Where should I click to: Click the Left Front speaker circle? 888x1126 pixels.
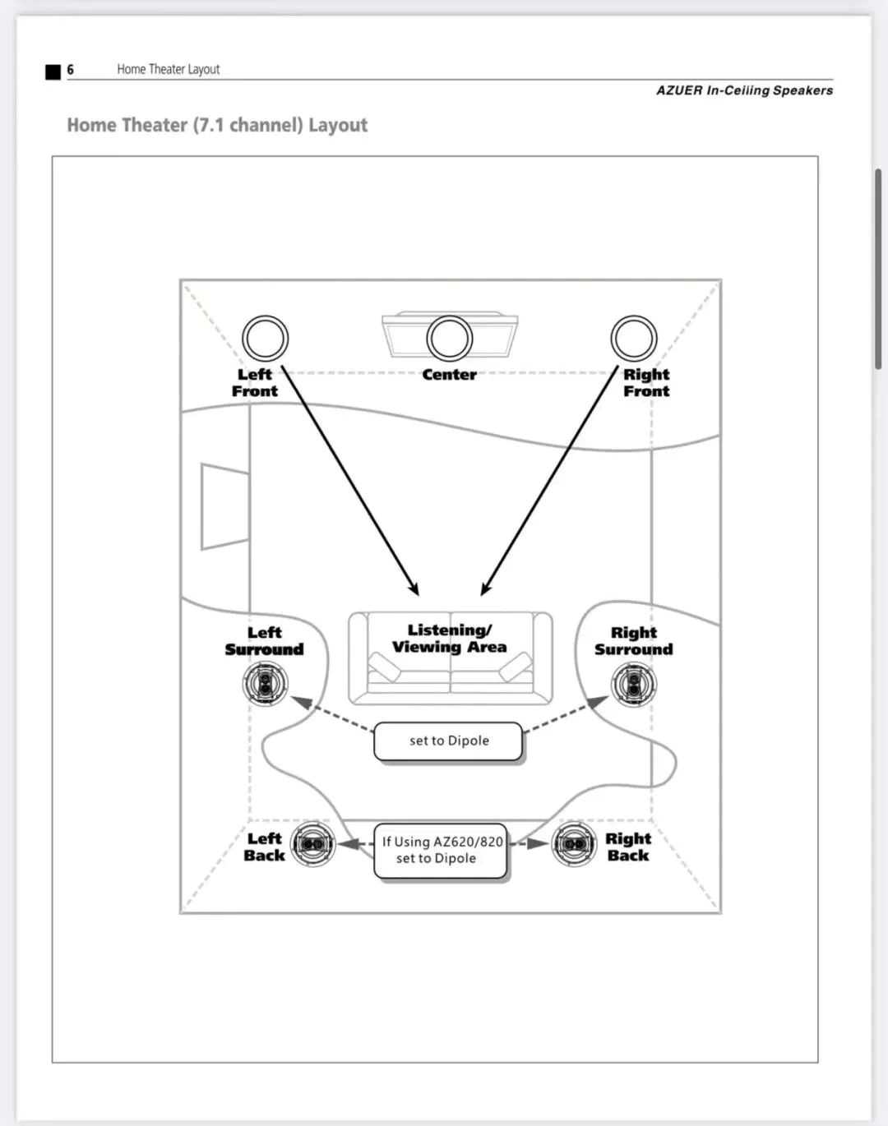(x=265, y=339)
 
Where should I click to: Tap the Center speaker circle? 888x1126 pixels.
(x=449, y=338)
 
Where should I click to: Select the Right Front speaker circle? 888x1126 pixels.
(x=633, y=338)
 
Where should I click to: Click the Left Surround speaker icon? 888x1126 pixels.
(x=265, y=683)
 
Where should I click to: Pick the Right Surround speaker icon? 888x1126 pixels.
(x=633, y=683)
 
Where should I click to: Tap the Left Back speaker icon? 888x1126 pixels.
(x=312, y=844)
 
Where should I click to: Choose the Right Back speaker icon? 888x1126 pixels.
(x=574, y=844)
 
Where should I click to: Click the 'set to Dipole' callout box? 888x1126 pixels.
(x=448, y=741)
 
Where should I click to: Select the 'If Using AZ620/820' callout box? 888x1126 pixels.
(x=441, y=851)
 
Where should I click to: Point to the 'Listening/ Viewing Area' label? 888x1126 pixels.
(x=449, y=639)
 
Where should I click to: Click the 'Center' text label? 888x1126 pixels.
(x=449, y=375)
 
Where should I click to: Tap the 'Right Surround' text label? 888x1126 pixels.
(x=633, y=641)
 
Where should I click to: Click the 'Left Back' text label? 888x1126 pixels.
(x=264, y=847)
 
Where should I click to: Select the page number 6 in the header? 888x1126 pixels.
(x=71, y=70)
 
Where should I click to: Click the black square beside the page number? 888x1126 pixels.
(x=53, y=72)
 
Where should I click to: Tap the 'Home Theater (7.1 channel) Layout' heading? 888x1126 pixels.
(x=217, y=125)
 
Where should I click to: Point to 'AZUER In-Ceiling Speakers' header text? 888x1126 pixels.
(x=744, y=90)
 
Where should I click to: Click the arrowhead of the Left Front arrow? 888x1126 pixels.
(x=415, y=589)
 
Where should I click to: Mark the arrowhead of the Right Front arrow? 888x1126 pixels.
(x=484, y=589)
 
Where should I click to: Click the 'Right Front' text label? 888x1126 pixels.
(x=646, y=382)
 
